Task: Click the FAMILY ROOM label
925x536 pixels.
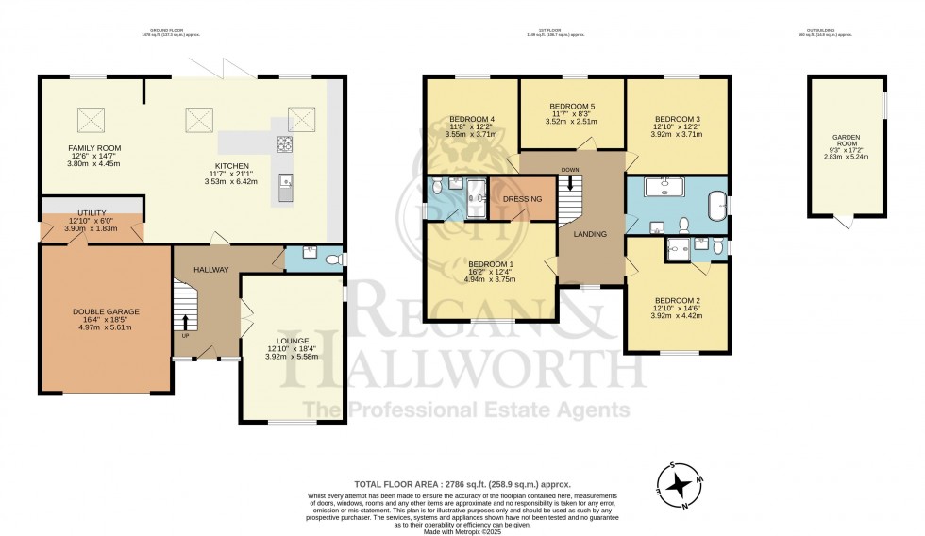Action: click(93, 148)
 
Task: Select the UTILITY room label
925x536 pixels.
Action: click(92, 213)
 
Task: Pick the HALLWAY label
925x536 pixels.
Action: click(211, 270)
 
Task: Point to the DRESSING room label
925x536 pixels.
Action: click(522, 199)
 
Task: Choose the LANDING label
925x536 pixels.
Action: click(590, 234)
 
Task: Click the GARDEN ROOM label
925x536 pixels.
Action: click(846, 149)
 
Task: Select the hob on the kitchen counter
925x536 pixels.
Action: click(284, 144)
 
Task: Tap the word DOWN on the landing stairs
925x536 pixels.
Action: click(570, 171)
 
